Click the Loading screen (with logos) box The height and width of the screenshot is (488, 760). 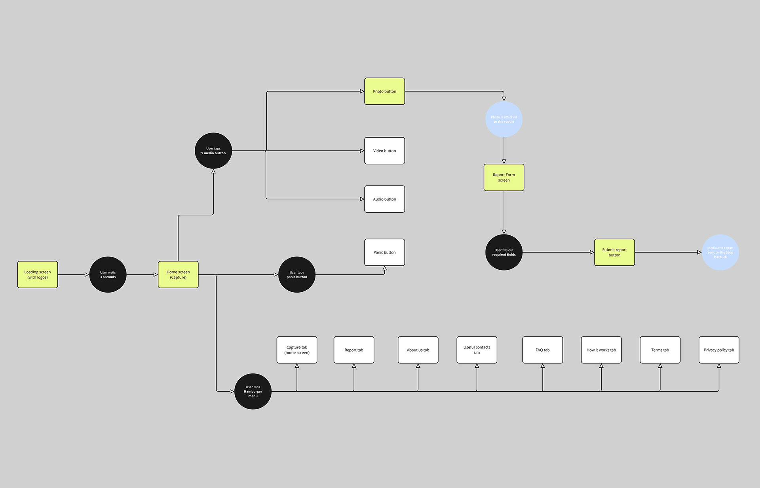38,274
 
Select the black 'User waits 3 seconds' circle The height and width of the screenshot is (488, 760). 108,274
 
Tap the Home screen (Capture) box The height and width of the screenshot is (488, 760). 178,274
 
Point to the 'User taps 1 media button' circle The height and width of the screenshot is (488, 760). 213,151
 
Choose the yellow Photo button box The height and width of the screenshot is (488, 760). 384,91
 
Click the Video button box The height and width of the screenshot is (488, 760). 384,151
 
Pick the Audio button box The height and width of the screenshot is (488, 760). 384,199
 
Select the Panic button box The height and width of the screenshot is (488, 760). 384,252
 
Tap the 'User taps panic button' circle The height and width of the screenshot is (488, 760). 297,274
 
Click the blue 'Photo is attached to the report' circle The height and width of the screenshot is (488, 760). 504,119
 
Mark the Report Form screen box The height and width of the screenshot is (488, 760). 504,178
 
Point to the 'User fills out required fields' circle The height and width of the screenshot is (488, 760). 504,252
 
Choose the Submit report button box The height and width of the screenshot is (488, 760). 614,252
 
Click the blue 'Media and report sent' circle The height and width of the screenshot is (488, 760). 720,252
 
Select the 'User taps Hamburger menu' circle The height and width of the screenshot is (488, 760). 253,392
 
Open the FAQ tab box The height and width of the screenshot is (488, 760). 542,350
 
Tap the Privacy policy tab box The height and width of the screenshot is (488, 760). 719,350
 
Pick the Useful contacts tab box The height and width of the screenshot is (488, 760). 477,350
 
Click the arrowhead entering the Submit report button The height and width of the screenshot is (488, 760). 592,252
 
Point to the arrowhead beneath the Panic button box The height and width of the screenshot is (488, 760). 384,269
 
